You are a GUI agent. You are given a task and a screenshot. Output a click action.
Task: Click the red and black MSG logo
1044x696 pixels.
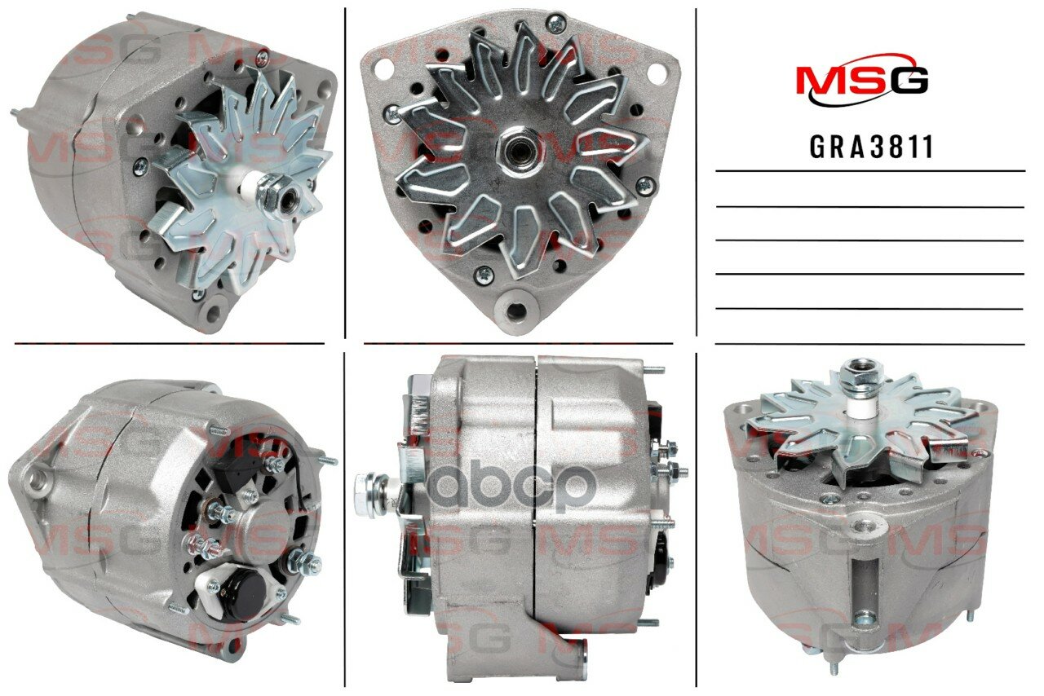tap(862, 82)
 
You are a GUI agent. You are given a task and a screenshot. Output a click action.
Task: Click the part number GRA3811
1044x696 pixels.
tap(872, 148)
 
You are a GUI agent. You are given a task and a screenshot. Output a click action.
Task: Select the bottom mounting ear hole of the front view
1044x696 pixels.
tap(516, 310)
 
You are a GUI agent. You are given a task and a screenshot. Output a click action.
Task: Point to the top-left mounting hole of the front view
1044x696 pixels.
tap(385, 68)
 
